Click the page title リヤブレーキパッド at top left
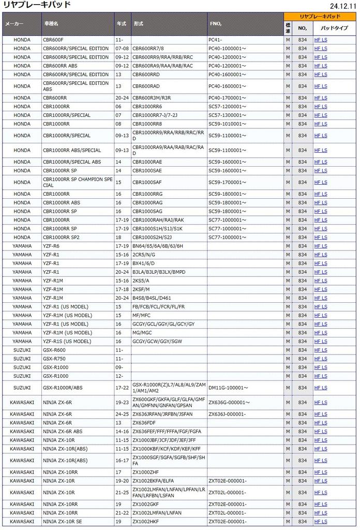click(37, 5)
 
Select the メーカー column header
click(14, 24)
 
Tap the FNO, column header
click(216, 24)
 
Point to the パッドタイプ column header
click(334, 27)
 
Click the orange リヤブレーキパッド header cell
click(320, 17)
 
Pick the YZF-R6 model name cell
click(52, 246)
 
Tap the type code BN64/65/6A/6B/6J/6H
click(158, 246)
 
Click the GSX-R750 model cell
click(54, 359)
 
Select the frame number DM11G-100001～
click(228, 388)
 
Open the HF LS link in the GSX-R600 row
click(321, 350)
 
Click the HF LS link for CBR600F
click(321, 40)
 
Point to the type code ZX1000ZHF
click(146, 472)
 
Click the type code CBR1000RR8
click(147, 124)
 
